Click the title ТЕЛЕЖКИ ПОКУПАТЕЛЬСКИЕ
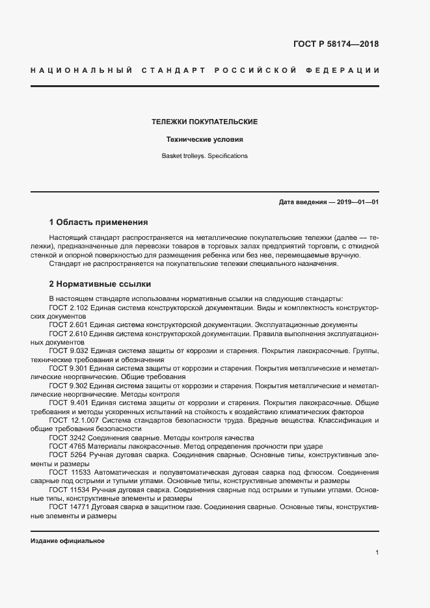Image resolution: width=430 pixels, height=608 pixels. [x=205, y=122]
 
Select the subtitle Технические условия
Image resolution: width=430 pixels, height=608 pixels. [x=205, y=139]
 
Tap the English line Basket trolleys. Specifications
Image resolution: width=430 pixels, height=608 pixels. [x=205, y=156]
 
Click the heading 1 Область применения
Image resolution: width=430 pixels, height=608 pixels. [x=99, y=222]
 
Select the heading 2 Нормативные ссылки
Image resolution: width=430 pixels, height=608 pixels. [x=100, y=284]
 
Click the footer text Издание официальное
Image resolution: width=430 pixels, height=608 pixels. [x=68, y=541]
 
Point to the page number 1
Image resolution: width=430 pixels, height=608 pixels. [x=377, y=553]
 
